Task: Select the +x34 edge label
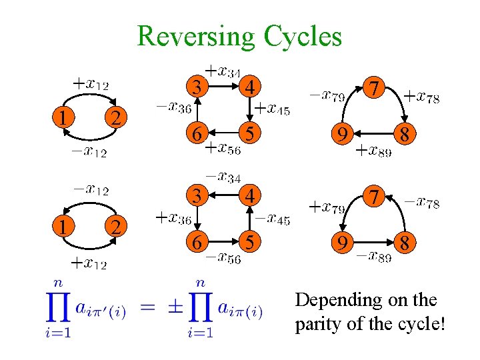[x=222, y=70]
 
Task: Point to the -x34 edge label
[x=222, y=176]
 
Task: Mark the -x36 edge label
[x=173, y=107]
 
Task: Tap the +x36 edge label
[x=173, y=217]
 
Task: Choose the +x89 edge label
[x=373, y=151]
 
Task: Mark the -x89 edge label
[x=373, y=257]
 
